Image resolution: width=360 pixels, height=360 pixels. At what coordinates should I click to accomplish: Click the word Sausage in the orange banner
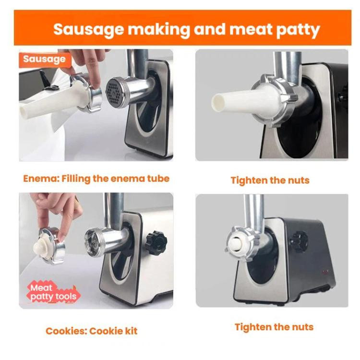[x=88, y=29]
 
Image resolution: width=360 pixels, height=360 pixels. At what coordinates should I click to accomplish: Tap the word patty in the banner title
[x=298, y=30]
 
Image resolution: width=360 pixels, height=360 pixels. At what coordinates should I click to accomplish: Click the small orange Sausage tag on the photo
[x=45, y=59]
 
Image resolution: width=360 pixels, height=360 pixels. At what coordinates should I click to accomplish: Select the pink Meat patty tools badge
[x=53, y=292]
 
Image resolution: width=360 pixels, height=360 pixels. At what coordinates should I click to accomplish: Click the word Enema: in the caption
[x=41, y=179]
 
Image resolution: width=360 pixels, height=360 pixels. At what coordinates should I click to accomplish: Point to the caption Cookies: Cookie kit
[x=91, y=331]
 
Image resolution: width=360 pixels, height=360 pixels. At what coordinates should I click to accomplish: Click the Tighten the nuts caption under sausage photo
[x=270, y=180]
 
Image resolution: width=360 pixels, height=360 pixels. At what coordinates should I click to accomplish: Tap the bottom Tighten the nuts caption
[x=274, y=327]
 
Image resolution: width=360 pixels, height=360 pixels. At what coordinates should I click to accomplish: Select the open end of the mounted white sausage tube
[x=217, y=103]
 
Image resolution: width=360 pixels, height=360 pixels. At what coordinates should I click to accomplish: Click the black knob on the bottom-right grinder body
[x=299, y=242]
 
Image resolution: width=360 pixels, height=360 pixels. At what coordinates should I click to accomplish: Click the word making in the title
[x=159, y=30]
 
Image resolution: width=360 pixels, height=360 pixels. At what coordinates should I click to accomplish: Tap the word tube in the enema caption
[x=158, y=179]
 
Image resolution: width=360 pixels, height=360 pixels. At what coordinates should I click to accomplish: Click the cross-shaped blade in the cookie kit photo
[x=94, y=242]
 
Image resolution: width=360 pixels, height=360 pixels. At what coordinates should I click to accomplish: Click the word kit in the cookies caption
[x=131, y=331]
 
